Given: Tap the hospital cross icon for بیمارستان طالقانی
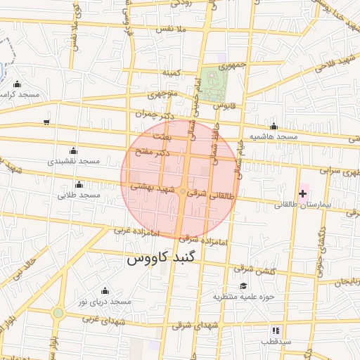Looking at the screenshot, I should pos(304,192).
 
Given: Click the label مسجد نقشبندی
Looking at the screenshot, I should pos(74,161).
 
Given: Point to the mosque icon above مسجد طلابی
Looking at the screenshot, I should pos(78,184).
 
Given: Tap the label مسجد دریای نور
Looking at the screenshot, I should pos(105,301).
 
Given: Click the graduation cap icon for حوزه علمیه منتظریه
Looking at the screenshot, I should pos(243,285).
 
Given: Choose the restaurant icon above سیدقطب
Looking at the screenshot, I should pos(276,330).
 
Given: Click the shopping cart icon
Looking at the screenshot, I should pos(46,122).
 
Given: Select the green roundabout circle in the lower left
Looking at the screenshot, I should pos(58,312).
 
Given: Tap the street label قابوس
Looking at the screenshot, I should pos(223,105).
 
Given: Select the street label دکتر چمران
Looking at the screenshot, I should pos(153,112).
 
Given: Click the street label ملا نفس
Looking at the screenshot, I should pos(173,29).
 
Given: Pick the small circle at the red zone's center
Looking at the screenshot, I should pos(183,191).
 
